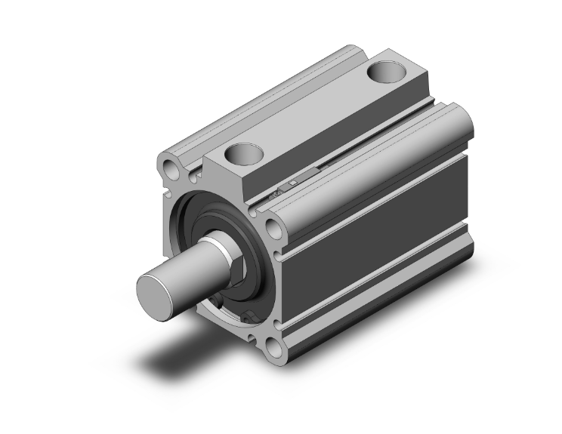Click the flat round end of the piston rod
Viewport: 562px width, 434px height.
157,290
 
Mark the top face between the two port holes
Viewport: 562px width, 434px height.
317,113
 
